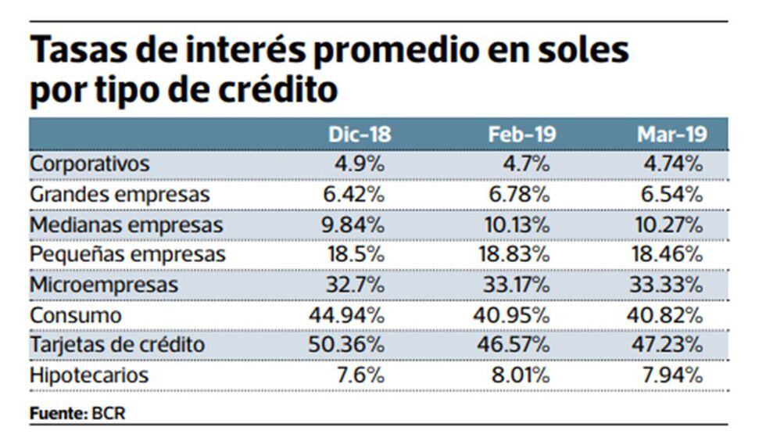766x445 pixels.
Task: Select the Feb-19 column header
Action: coord(522,135)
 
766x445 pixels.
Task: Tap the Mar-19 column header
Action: coord(672,135)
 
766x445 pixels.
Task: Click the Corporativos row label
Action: coord(89,164)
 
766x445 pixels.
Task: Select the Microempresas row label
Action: coord(104,285)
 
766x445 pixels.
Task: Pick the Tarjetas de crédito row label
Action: coord(117,345)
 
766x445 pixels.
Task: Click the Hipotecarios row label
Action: coord(88,375)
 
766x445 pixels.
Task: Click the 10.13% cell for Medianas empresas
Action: coord(516,224)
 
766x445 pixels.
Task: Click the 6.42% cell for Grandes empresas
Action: coord(353,194)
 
